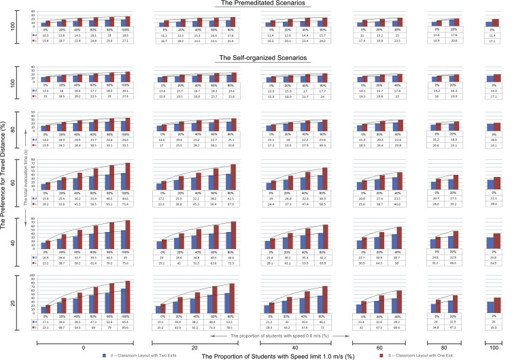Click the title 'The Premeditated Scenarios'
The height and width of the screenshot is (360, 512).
tap(256, 4)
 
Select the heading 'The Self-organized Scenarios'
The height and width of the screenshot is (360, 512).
tap(256, 59)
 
